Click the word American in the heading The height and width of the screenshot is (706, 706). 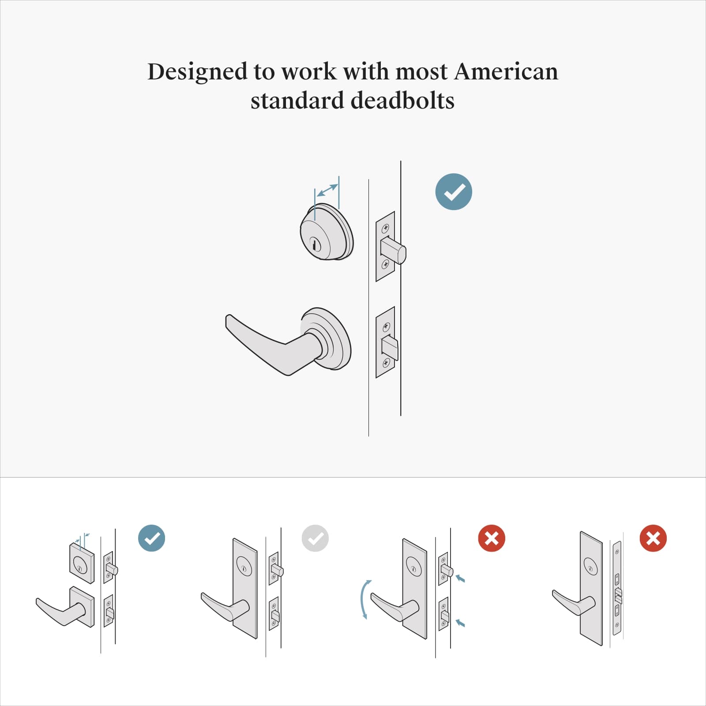506,71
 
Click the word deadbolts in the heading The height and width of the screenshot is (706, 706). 403,101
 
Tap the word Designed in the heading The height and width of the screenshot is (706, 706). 197,71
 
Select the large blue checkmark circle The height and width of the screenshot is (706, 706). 454,192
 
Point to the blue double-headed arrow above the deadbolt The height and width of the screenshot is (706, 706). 327,190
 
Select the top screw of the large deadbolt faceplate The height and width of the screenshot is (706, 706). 385,228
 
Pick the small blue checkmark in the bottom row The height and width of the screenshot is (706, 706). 151,538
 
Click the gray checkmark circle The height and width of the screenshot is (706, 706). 315,538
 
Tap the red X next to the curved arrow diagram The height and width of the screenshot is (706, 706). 492,538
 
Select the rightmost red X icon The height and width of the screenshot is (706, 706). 653,538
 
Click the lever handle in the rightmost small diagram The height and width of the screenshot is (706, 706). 572,603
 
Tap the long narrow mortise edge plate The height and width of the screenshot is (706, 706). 617,588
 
